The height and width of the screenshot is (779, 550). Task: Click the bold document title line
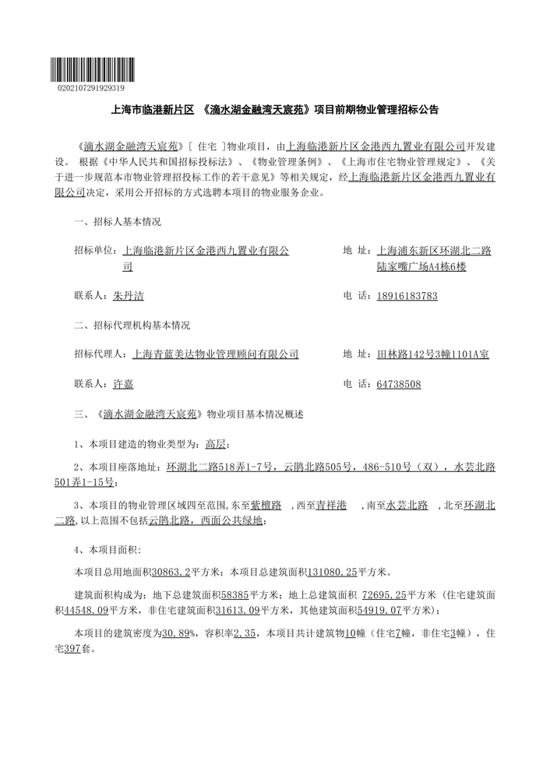pos(275,111)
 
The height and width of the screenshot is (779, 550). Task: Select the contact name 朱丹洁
pos(129,296)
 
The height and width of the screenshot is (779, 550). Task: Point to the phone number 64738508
pos(398,384)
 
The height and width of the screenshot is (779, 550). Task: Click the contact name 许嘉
pos(124,384)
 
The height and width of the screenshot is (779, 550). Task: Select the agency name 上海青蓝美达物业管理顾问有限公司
pos(216,354)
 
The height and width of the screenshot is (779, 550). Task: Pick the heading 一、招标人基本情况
pos(118,222)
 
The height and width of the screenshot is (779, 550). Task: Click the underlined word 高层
pos(215,444)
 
